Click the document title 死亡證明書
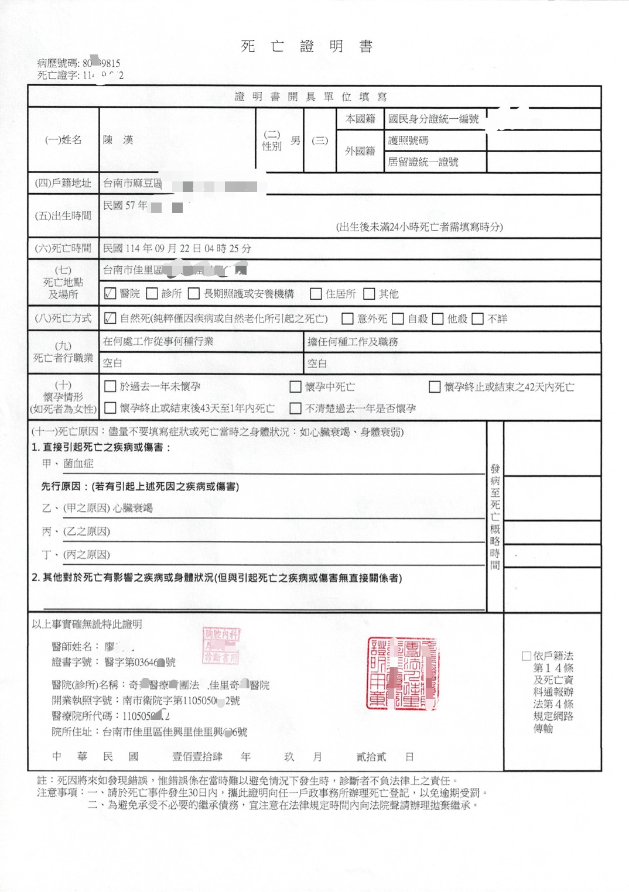(307, 47)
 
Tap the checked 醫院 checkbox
(110, 294)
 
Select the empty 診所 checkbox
(152, 294)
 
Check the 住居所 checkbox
(316, 294)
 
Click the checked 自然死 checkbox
(110, 318)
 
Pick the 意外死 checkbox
(347, 319)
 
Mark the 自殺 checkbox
(398, 319)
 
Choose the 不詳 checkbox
(478, 319)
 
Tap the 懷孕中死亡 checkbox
(296, 387)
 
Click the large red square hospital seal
(402, 673)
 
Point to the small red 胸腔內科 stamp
(221, 645)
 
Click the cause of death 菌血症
(78, 464)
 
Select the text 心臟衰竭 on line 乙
(133, 508)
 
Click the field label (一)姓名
(63, 140)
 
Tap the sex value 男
(295, 140)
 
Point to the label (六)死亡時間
(63, 248)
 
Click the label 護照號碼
(408, 140)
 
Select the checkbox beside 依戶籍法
(526, 656)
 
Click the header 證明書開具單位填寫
(310, 97)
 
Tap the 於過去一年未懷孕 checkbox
(110, 386)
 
